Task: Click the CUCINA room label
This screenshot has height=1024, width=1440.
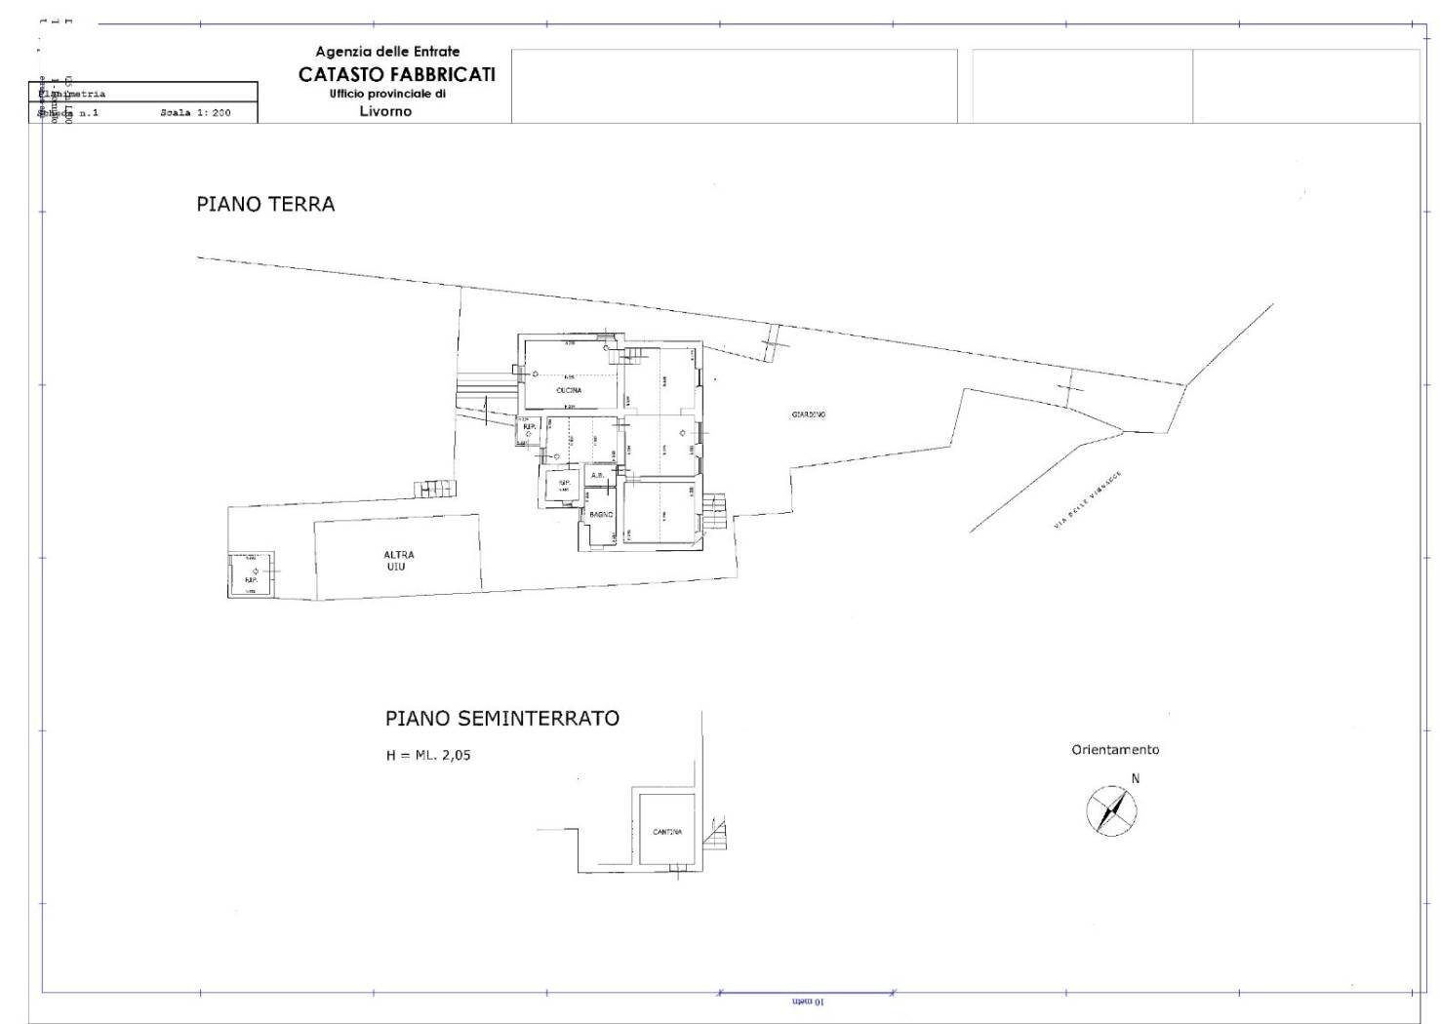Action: pos(569,390)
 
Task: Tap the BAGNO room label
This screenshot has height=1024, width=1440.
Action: pos(600,514)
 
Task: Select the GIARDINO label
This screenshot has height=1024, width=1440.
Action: pos(809,414)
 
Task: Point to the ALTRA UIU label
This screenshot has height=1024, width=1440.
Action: pos(397,561)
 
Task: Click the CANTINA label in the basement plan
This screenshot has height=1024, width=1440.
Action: pos(667,832)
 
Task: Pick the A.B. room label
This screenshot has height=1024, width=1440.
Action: pos(597,476)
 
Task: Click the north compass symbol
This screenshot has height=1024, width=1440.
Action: pos(1111,810)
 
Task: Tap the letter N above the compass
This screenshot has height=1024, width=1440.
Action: pos(1135,778)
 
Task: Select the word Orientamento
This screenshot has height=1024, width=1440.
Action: pos(1115,750)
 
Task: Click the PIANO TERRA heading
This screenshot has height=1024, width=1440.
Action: pos(265,205)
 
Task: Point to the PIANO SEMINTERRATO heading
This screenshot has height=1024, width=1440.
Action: pos(501,719)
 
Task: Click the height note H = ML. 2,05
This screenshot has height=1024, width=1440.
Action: pos(428,755)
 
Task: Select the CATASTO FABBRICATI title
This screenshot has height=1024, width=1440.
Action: pos(397,75)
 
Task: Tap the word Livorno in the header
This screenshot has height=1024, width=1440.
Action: pos(385,111)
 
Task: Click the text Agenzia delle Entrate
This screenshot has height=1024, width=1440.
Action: pos(387,52)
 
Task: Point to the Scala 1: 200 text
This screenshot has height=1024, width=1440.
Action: pos(195,113)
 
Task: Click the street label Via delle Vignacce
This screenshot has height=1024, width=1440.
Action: pos(1087,500)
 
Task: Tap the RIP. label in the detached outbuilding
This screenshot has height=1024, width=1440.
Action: pos(251,579)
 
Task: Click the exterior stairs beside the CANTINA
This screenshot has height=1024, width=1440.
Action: pos(719,833)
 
